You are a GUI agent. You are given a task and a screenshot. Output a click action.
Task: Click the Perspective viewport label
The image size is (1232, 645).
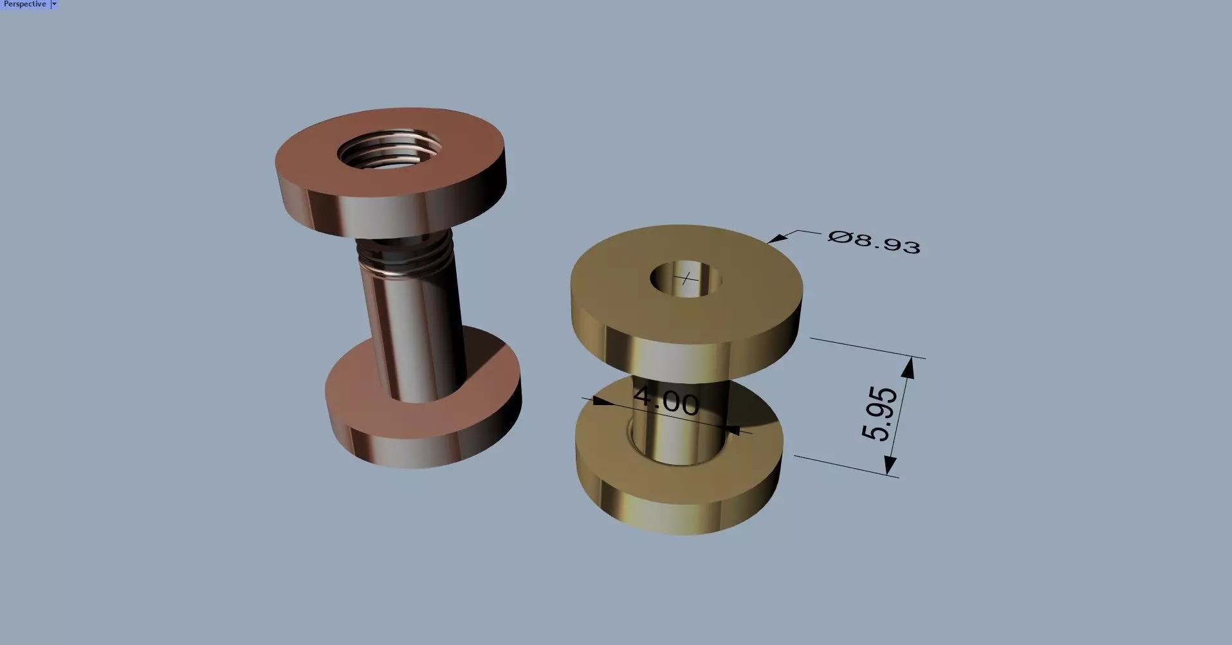(24, 4)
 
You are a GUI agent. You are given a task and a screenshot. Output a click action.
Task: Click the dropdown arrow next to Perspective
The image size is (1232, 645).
(54, 4)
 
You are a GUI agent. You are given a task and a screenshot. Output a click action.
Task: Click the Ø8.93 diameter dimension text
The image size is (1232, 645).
(874, 242)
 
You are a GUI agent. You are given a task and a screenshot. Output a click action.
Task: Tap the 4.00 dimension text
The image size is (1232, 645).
(666, 401)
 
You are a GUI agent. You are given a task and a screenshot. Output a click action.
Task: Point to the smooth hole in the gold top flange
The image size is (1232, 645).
(686, 278)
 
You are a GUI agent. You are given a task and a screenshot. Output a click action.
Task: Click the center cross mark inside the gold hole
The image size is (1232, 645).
(688, 278)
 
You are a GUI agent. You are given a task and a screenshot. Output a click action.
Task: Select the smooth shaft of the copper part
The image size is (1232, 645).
(412, 334)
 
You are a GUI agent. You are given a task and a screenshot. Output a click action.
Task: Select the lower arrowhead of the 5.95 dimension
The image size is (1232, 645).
(890, 466)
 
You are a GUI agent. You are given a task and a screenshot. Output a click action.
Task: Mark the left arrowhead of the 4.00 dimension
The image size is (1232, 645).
(598, 401)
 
